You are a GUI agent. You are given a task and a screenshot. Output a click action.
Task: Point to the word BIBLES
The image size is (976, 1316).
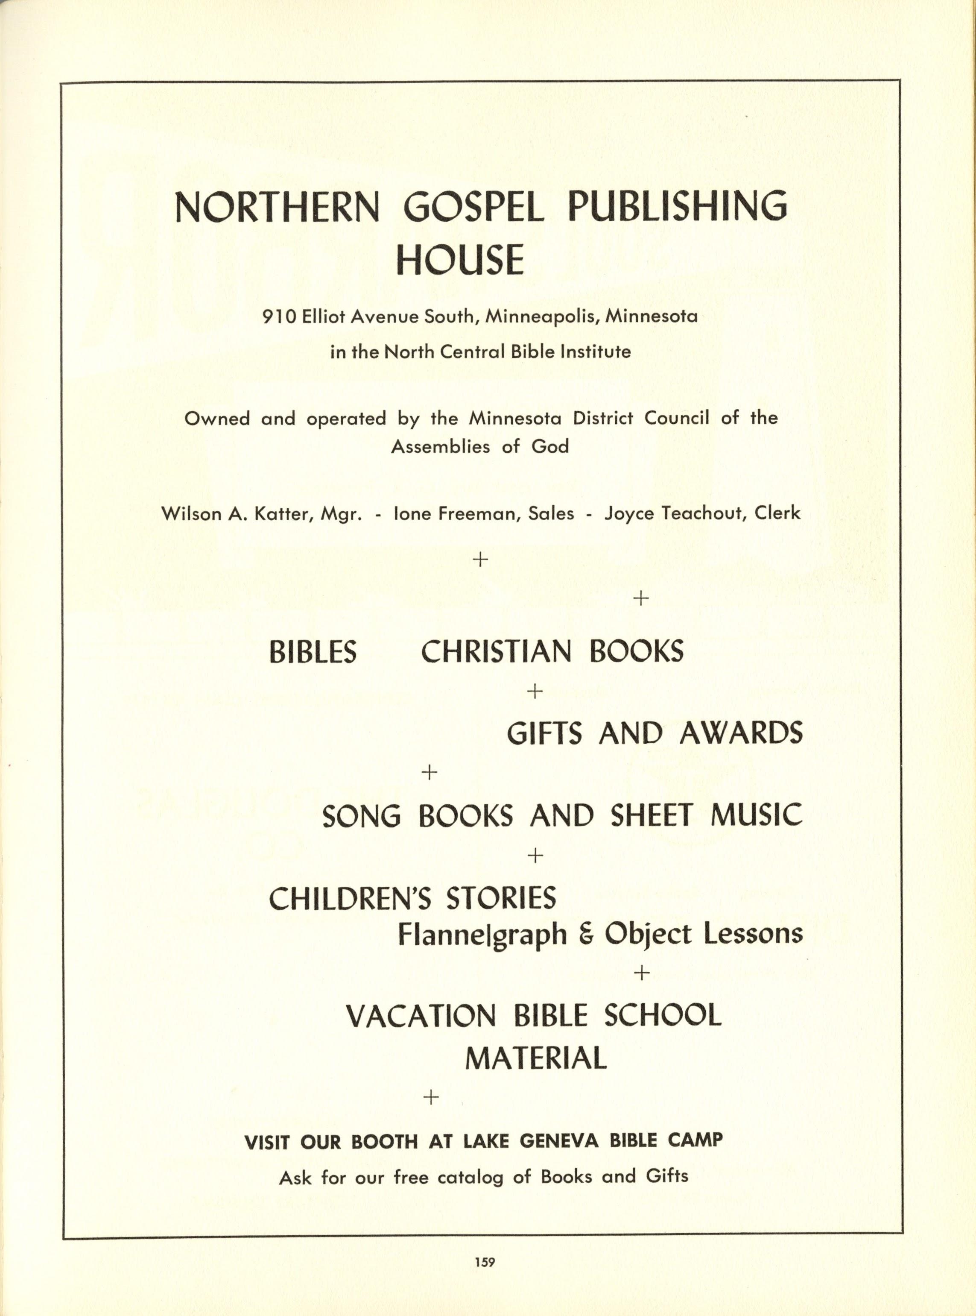[x=313, y=652]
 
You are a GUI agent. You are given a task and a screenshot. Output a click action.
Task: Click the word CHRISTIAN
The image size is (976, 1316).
[x=496, y=652]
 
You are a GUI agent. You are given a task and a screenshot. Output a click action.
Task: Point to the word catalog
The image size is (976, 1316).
[x=470, y=1177]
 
